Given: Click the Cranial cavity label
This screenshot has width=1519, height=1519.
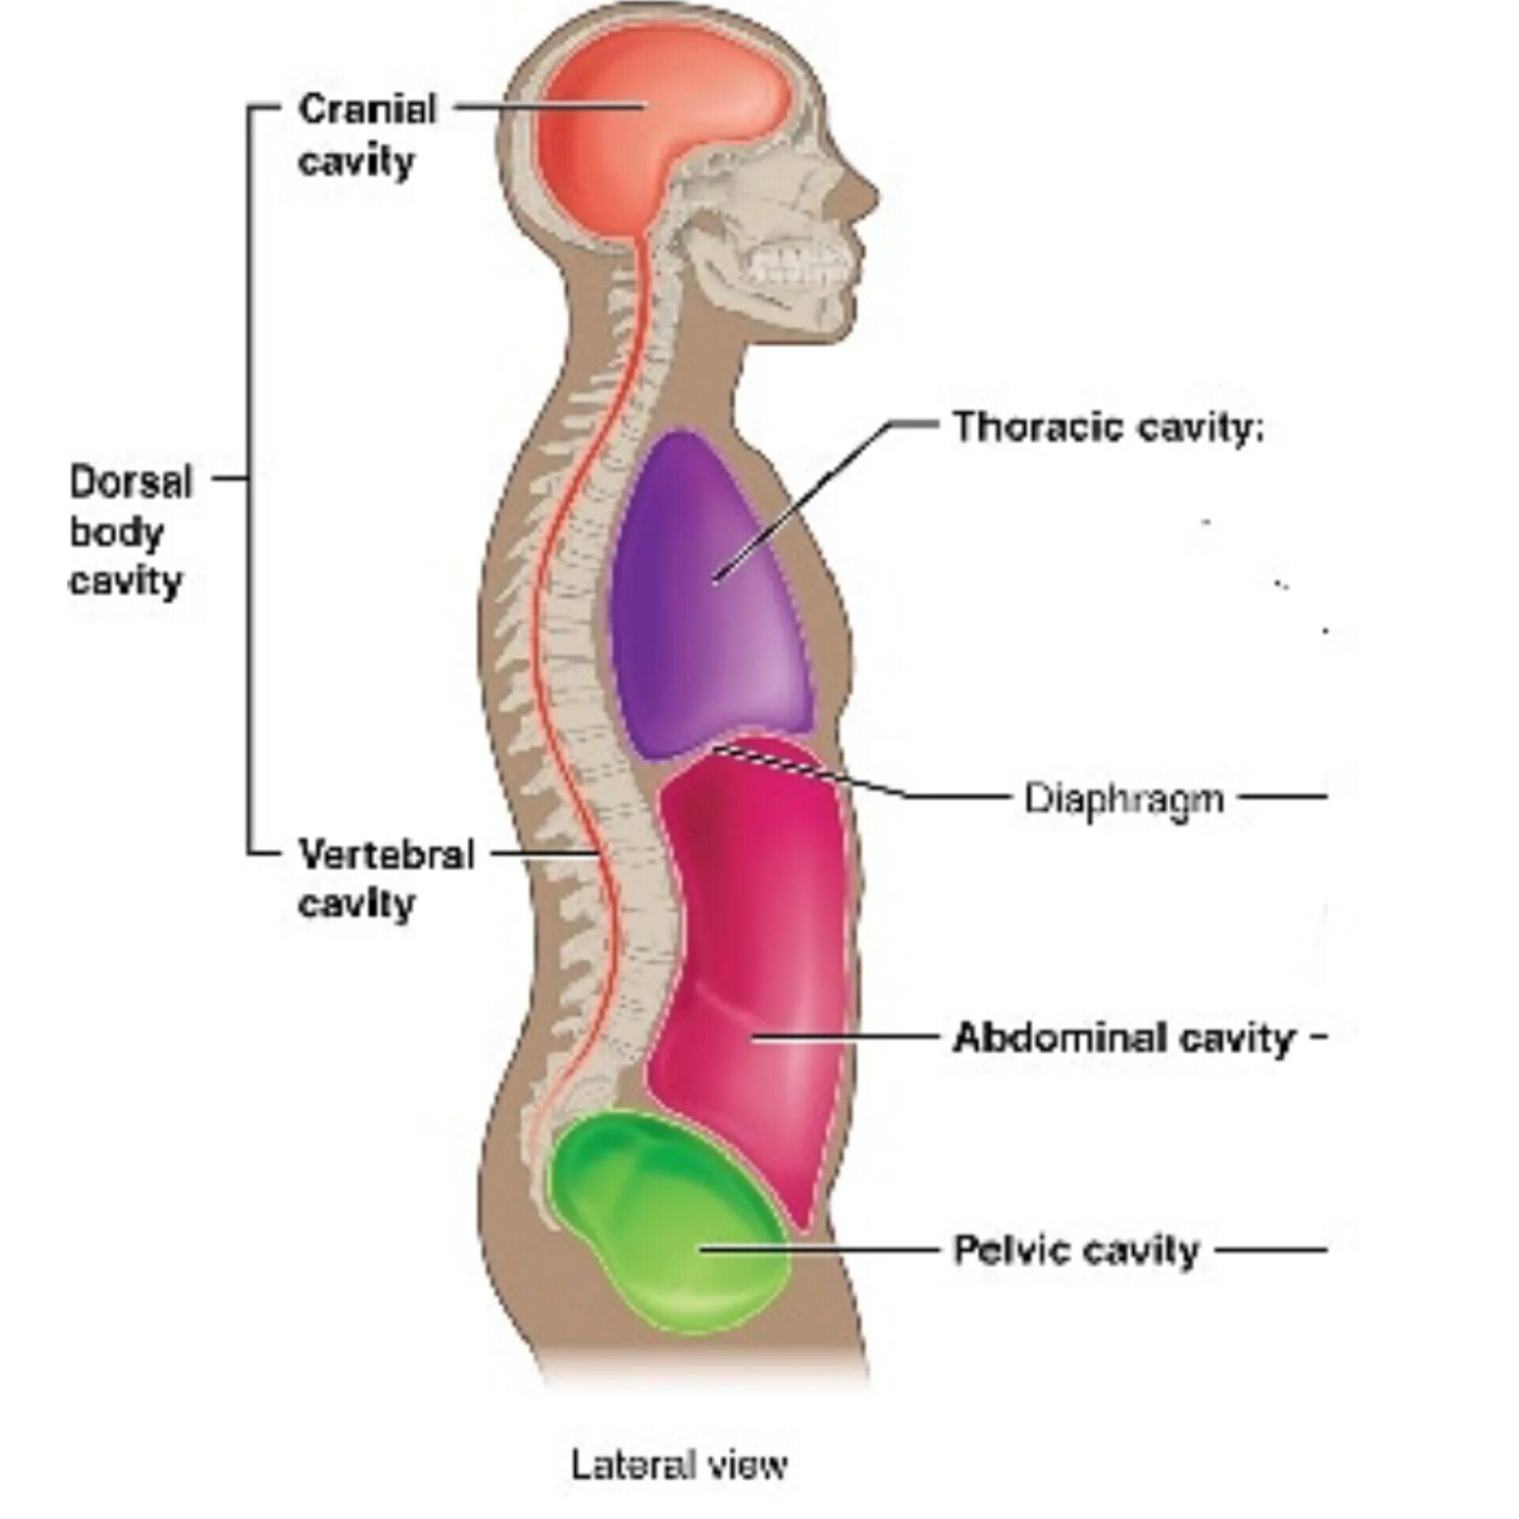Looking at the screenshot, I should tap(366, 135).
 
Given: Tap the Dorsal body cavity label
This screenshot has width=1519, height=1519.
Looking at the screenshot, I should tap(131, 532).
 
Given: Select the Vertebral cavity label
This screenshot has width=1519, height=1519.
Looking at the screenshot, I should tap(385, 878).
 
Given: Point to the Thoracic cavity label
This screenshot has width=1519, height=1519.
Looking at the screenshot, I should tap(1108, 428).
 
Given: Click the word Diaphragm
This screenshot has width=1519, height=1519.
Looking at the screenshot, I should tap(1124, 798).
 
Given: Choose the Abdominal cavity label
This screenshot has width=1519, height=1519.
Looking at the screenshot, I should tap(1123, 1037).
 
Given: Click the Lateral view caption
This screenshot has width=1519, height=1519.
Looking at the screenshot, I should tap(679, 1442).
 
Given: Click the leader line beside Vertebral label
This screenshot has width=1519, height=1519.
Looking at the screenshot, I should tap(546, 854).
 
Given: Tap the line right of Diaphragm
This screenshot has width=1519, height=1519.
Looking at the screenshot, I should tap(1282, 797).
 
